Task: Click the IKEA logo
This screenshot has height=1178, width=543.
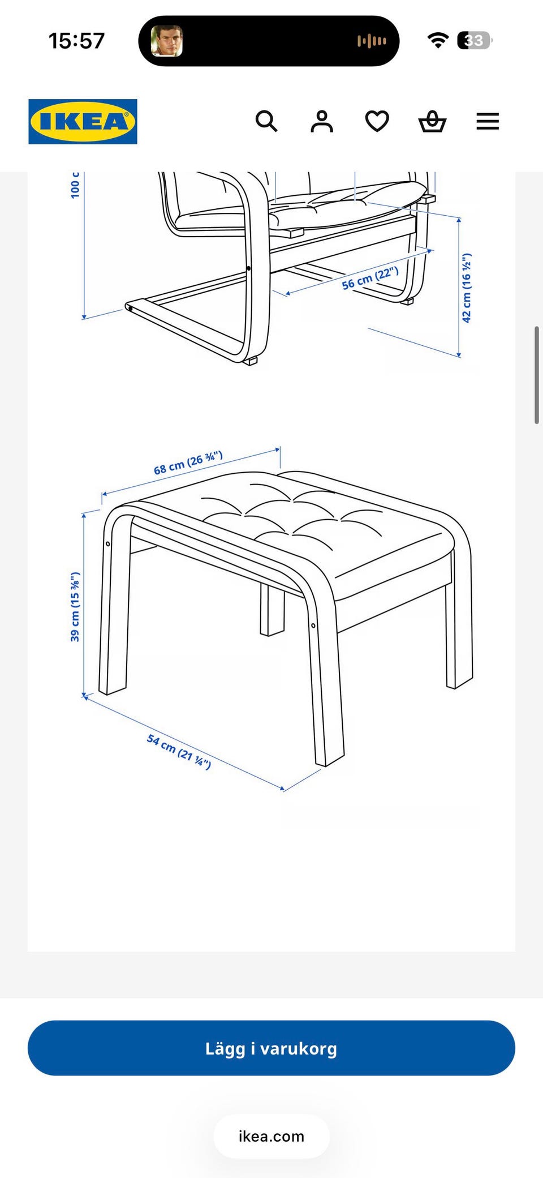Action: coord(83,122)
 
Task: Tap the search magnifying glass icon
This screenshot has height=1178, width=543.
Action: coord(266,121)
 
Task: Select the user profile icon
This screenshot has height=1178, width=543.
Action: coord(322,121)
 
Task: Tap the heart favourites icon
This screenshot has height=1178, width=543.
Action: coord(377,121)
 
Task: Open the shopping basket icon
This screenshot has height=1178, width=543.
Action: coord(433,121)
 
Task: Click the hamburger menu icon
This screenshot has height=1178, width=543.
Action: coord(488,121)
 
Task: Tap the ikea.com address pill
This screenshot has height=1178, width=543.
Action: coord(271,1136)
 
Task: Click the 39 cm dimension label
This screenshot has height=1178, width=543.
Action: coord(75,607)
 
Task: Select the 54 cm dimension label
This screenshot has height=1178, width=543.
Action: coord(179,751)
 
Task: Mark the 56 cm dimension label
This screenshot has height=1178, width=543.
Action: coord(370,278)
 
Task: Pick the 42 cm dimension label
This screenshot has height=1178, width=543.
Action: coord(467,288)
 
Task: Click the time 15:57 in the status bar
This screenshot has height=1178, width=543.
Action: coord(77,41)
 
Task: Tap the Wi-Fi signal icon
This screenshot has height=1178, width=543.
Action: coord(438,40)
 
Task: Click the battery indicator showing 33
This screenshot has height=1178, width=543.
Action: coord(475,40)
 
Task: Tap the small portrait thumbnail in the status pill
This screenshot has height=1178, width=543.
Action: coord(166,41)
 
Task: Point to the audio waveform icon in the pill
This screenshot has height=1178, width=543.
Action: coord(372,41)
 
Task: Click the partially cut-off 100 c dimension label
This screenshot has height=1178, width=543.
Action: coord(75,185)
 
